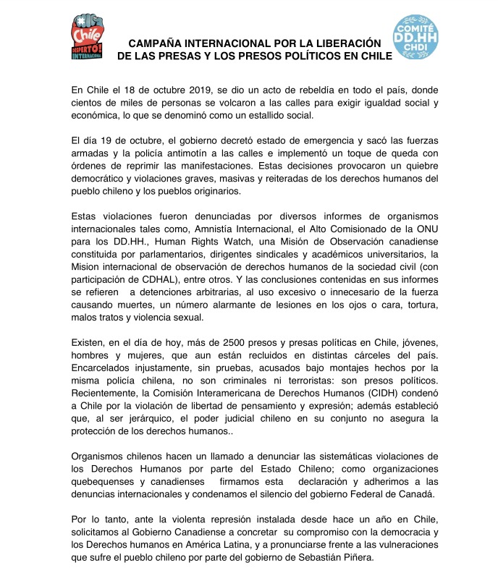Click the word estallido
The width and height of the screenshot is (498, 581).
(264, 115)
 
